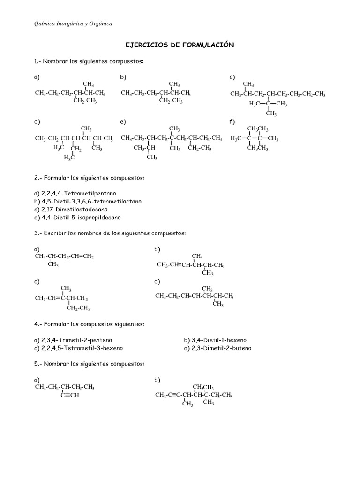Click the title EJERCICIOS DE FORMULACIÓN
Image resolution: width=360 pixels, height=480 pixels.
[x=180, y=45]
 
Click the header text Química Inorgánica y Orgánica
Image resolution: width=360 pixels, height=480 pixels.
[x=74, y=23]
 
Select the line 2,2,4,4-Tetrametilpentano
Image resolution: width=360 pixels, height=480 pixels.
[x=75, y=193]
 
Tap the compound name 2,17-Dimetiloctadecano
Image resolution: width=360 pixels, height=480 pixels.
[x=71, y=209]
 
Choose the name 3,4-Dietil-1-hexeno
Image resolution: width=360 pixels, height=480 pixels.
[x=215, y=340]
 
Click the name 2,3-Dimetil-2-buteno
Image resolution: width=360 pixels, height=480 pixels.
[x=217, y=348]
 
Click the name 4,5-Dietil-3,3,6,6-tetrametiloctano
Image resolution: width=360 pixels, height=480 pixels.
[x=88, y=201]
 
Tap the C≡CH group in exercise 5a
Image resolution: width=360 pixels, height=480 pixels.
[x=70, y=395]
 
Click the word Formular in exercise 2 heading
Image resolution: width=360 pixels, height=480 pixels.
[x=58, y=178]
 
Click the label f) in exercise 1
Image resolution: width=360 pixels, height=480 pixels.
[x=232, y=122]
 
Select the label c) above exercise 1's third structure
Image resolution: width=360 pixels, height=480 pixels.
[x=232, y=77]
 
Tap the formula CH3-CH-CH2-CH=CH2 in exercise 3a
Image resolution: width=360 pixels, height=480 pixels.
[x=64, y=257]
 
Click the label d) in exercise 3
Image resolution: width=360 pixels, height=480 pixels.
[x=157, y=282]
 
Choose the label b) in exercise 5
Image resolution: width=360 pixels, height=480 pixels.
[x=157, y=379]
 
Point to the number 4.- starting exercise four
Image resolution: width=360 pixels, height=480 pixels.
[x=38, y=324]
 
